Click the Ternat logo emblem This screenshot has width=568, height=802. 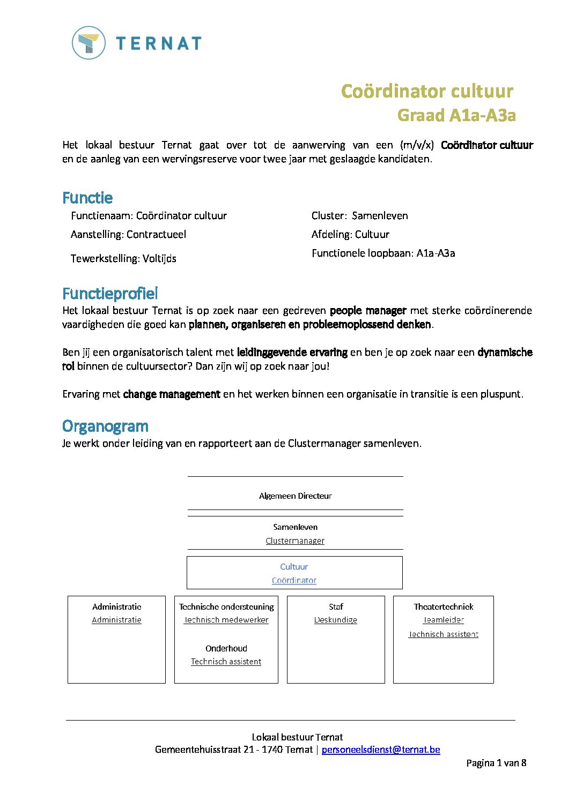(88, 43)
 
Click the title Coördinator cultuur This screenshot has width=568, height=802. (427, 91)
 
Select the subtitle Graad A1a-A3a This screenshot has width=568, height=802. (456, 115)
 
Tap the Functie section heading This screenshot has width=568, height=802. (87, 198)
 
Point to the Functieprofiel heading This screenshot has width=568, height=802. (110, 293)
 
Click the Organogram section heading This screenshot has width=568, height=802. (105, 426)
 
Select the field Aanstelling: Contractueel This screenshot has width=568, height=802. (128, 234)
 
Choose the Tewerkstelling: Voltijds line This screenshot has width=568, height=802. (123, 258)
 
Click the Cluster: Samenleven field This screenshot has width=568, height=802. (359, 215)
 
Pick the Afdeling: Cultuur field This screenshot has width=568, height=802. (350, 234)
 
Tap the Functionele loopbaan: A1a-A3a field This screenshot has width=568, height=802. (383, 253)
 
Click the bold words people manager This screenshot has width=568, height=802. (368, 310)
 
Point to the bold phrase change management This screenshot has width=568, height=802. (172, 394)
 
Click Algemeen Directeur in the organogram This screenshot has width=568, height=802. (295, 496)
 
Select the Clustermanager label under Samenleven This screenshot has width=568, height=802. (295, 541)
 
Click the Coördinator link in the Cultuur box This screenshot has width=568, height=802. (294, 580)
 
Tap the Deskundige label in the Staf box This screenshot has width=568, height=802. (336, 620)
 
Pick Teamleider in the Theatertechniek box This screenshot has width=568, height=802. (444, 620)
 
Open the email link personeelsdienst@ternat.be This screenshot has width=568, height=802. (381, 749)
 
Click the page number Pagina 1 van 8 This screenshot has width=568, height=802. (496, 763)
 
